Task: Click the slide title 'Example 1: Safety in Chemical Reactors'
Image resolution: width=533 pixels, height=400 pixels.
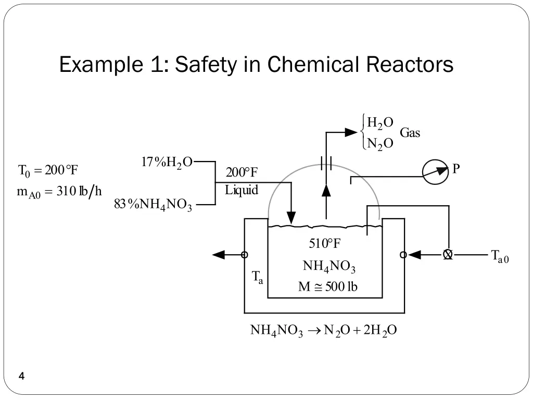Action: (x=256, y=65)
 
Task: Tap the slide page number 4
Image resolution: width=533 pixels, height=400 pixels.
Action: (x=21, y=376)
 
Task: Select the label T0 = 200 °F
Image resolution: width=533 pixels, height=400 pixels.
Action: (x=48, y=170)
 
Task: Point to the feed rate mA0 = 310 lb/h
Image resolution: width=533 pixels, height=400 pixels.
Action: (x=59, y=191)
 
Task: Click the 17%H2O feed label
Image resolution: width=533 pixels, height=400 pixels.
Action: (x=167, y=162)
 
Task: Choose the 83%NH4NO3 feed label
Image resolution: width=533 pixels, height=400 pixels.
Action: (x=153, y=205)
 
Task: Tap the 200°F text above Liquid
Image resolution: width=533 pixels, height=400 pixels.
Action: (x=242, y=172)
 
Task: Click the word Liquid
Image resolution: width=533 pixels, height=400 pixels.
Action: (x=242, y=190)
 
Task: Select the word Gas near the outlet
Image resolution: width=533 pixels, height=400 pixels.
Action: (x=410, y=133)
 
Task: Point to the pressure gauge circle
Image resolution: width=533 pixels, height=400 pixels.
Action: (x=435, y=172)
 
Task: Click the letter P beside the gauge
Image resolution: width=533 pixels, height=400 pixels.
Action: (x=456, y=169)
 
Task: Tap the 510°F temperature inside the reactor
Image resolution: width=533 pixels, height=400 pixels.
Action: (x=325, y=244)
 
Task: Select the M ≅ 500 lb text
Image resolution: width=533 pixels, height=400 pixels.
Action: (x=327, y=286)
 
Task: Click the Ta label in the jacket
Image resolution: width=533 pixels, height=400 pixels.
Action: (x=258, y=278)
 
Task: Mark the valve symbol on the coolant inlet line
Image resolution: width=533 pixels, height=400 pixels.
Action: (x=448, y=255)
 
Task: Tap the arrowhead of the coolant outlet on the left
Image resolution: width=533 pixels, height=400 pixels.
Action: (x=219, y=255)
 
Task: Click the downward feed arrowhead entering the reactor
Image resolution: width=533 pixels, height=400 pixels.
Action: (x=291, y=218)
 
